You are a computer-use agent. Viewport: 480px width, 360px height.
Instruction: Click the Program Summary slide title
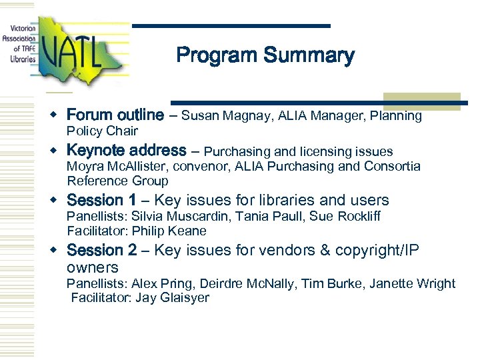265,55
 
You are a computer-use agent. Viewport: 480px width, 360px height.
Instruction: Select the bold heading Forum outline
115,115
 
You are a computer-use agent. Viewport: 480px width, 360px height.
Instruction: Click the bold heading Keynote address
127,151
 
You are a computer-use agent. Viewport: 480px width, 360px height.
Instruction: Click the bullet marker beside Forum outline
58,115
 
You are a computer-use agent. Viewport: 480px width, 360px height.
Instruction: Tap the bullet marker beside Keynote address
58,151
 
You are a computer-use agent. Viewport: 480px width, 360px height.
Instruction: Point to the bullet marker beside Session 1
58,200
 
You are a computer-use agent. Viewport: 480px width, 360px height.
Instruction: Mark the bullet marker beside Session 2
58,250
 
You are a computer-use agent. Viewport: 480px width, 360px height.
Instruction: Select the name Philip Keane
169,231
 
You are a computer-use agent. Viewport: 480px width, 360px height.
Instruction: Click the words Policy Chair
102,131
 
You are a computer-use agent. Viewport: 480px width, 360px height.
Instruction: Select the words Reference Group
117,181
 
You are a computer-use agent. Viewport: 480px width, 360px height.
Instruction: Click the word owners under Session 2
93,267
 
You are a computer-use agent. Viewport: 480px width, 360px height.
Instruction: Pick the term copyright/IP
386,251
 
